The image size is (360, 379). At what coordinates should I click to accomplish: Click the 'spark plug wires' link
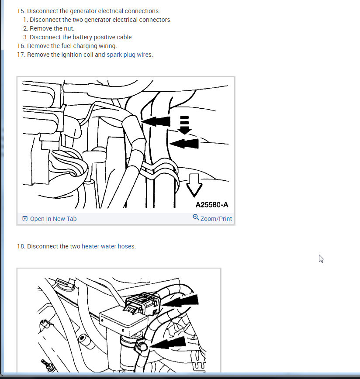point(129,55)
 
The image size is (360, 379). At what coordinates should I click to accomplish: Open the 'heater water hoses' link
point(108,246)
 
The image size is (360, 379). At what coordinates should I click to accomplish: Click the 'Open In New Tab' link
point(53,219)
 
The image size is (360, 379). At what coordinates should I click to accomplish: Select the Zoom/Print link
point(216,219)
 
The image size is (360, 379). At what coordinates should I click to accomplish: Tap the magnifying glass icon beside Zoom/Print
point(196,217)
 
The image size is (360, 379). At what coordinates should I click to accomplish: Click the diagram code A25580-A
point(212,205)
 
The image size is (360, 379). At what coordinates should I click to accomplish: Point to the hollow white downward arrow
point(194,185)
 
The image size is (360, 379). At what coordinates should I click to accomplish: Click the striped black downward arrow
point(184,125)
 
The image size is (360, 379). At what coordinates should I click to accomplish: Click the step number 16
point(21,46)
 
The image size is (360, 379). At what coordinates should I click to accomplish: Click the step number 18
point(21,246)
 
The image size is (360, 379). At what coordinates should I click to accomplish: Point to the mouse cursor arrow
point(321,258)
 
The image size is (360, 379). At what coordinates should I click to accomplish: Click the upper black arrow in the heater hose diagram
point(180,301)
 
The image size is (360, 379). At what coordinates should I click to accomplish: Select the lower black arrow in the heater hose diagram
point(168,342)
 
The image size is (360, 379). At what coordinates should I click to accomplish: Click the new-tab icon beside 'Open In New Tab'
point(25,218)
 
